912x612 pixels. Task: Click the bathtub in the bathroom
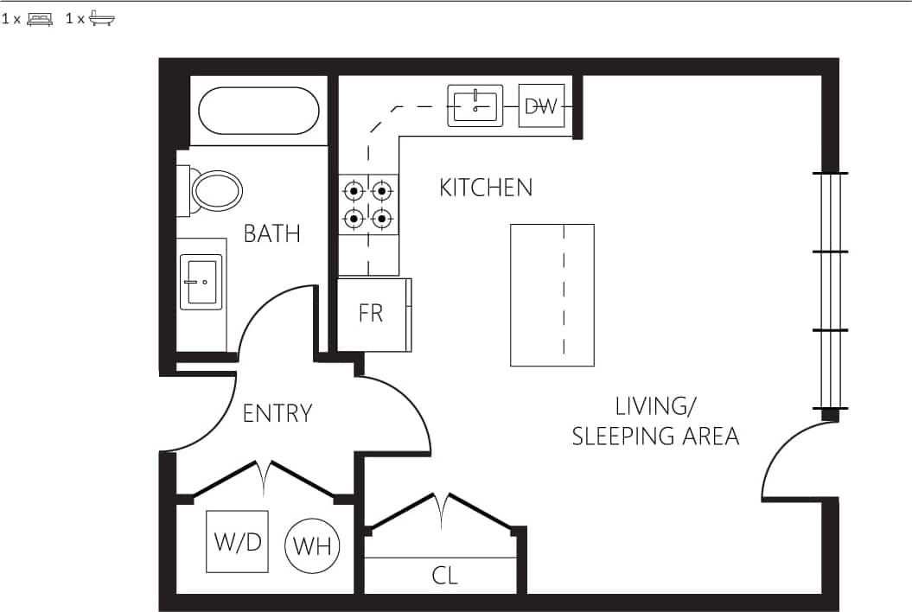(258, 111)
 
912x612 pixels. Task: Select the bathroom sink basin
(201, 281)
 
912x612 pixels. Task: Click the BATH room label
(271, 233)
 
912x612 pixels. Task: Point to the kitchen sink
(475, 105)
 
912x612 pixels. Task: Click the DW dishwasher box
(541, 105)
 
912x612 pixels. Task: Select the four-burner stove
(368, 204)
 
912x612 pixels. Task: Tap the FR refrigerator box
(372, 314)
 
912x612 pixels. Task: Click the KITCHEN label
(486, 188)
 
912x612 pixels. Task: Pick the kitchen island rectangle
(552, 295)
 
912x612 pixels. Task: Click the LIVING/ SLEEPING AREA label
(655, 421)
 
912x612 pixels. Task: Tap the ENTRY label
(277, 413)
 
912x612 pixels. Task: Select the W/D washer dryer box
(237, 541)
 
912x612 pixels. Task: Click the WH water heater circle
(312, 545)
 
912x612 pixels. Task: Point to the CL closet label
(444, 576)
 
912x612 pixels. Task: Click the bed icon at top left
(40, 18)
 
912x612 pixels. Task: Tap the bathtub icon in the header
(102, 18)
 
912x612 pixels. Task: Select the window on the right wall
(830, 290)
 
